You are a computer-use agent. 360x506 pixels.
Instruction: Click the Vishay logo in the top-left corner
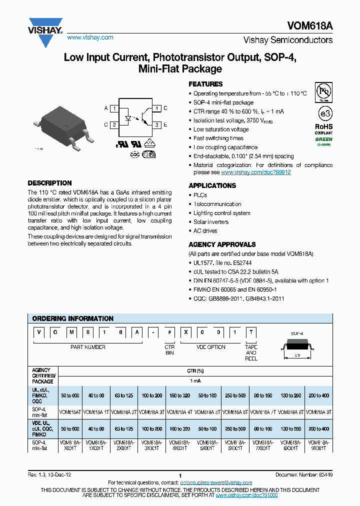(45, 27)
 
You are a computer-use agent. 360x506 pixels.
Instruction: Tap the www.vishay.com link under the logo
(90, 37)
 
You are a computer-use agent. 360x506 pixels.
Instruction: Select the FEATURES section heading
(205, 84)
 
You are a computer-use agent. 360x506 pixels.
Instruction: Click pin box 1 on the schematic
(114, 108)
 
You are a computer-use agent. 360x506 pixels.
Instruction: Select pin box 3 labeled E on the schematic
(157, 125)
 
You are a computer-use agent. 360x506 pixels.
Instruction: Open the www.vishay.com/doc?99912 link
(255, 172)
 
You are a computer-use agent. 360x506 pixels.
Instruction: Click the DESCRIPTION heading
(49, 183)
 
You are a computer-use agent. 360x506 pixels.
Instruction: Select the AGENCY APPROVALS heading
(222, 244)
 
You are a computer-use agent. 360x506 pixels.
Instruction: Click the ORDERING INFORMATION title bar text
(73, 318)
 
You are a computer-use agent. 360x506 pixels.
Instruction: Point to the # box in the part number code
(170, 333)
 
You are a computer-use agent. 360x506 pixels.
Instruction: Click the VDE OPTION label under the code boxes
(210, 347)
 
